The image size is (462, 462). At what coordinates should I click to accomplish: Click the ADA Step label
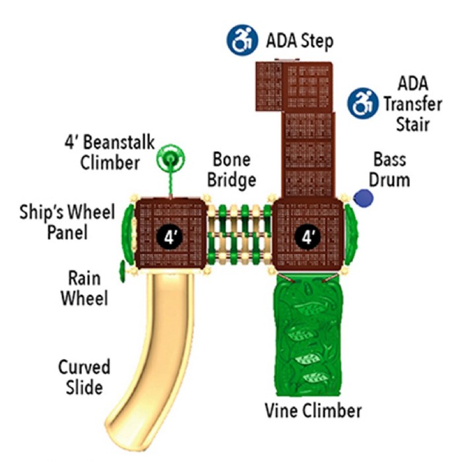pyautogui.click(x=300, y=41)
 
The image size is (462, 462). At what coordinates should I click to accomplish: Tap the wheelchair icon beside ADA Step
pyautogui.click(x=242, y=40)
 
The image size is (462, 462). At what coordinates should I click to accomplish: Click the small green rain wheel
pyautogui.click(x=122, y=271)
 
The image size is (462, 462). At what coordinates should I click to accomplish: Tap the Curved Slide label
pyautogui.click(x=84, y=376)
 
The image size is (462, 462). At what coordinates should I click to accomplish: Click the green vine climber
pyautogui.click(x=308, y=333)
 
